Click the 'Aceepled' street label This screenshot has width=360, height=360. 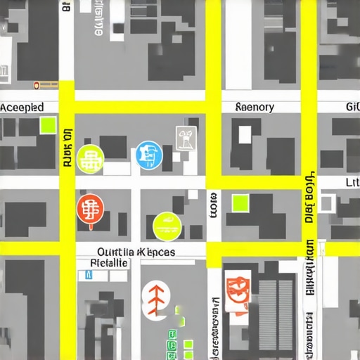pyautogui.click(x=22, y=108)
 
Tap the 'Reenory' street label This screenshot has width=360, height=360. pyautogui.click(x=255, y=108)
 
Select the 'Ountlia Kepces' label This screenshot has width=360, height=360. pyautogui.click(x=136, y=252)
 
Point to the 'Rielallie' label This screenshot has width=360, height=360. pyautogui.click(x=110, y=262)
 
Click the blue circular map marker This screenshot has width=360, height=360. pyautogui.click(x=148, y=155)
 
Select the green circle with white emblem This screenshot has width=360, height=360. pyautogui.click(x=91, y=158)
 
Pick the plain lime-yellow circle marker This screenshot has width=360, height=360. pyautogui.click(x=167, y=226)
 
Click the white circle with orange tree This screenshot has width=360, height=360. pyautogui.click(x=156, y=298)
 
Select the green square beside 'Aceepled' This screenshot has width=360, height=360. pyautogui.click(x=48, y=126)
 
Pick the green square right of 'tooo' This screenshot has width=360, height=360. pyautogui.click(x=240, y=202)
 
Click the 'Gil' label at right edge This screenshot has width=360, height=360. pyautogui.click(x=352, y=108)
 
